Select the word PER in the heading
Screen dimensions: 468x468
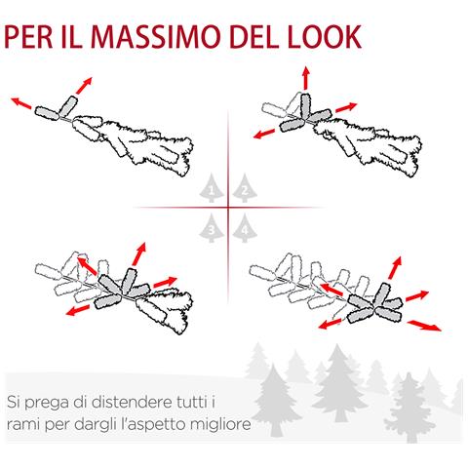pyautogui.click(x=28, y=36)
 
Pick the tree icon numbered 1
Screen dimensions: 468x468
pyautogui.click(x=212, y=188)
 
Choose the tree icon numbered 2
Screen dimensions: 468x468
pyautogui.click(x=245, y=188)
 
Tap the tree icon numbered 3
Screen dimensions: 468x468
pyautogui.click(x=212, y=228)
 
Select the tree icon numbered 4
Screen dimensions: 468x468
pyautogui.click(x=245, y=228)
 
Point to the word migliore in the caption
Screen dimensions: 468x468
pyautogui.click(x=221, y=424)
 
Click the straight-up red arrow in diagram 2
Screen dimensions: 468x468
pyautogui.click(x=305, y=78)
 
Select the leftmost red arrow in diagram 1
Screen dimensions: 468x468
pyautogui.click(x=21, y=103)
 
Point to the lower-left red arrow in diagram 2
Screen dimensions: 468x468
pyautogui.click(x=264, y=134)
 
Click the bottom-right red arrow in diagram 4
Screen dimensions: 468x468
pyautogui.click(x=424, y=326)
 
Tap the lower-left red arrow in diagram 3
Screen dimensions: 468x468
pyautogui.click(x=78, y=310)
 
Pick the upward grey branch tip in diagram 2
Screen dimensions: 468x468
pyautogui.click(x=305, y=105)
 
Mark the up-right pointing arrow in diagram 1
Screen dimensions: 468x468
pyautogui.click(x=84, y=86)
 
